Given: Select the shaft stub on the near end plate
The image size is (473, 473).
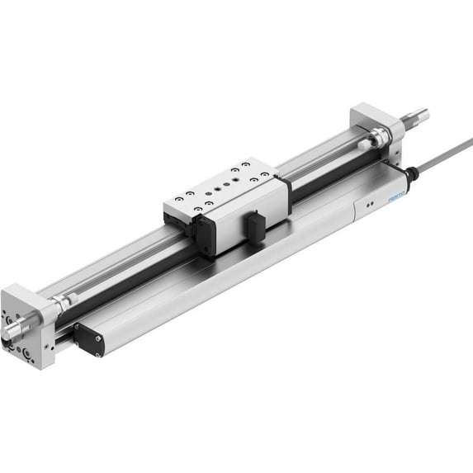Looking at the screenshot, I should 14,334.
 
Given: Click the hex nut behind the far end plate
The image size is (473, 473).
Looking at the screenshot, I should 378,137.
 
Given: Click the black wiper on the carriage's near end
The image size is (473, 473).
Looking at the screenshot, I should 201,236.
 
